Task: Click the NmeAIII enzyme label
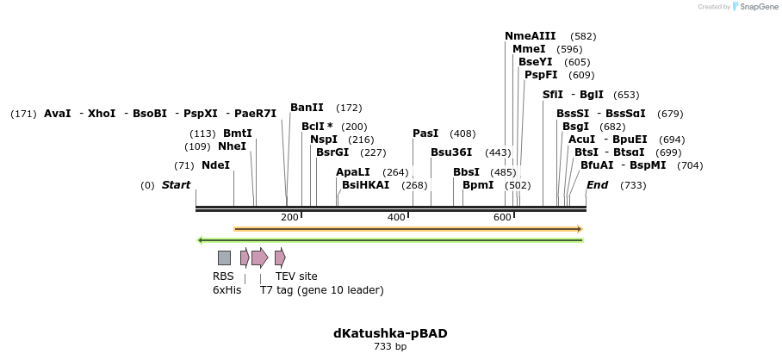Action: click(530, 36)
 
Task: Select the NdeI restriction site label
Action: click(215, 165)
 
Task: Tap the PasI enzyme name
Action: click(425, 133)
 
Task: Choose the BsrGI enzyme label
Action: click(332, 152)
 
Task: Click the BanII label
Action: click(307, 108)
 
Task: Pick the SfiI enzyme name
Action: click(553, 95)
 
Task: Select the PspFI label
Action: click(541, 75)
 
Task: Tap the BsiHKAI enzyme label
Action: click(365, 185)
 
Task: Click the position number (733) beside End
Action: click(633, 185)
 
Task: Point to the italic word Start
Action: click(176, 185)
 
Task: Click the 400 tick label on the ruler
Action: click(396, 217)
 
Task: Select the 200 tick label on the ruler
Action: click(289, 217)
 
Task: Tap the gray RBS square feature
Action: click(224, 258)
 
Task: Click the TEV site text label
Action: click(296, 276)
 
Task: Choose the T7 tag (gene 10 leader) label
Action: click(321, 290)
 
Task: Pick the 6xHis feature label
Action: click(226, 290)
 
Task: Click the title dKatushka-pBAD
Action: click(390, 333)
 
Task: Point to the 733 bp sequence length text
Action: click(390, 347)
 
